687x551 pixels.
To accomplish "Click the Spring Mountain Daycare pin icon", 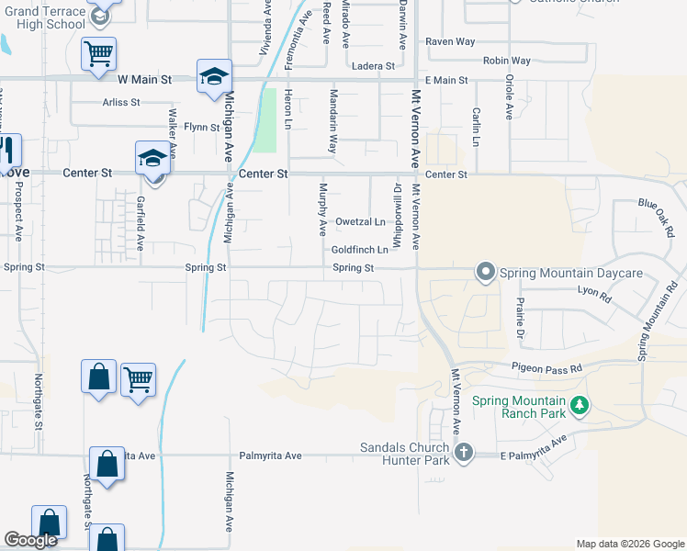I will pos(484,272).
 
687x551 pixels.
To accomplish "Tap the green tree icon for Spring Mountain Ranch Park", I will pos(579,405).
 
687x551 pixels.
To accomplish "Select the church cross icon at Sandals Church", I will pos(464,452).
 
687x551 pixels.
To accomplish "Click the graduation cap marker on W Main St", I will pos(214,76).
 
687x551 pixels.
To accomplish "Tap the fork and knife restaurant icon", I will pos(7,151).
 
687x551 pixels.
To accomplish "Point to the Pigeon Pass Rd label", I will pos(547,368).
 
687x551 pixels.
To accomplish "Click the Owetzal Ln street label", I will pos(360,222).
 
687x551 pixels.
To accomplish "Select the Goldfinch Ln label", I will pos(360,250).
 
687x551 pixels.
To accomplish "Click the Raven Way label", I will pos(449,42).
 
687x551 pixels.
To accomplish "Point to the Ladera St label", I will pos(373,66).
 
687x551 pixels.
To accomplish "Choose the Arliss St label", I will pos(121,103).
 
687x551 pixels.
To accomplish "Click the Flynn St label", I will pos(202,127).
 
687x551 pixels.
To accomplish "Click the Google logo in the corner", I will pos(30,540).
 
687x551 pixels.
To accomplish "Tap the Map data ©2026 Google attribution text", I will pos(630,544).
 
